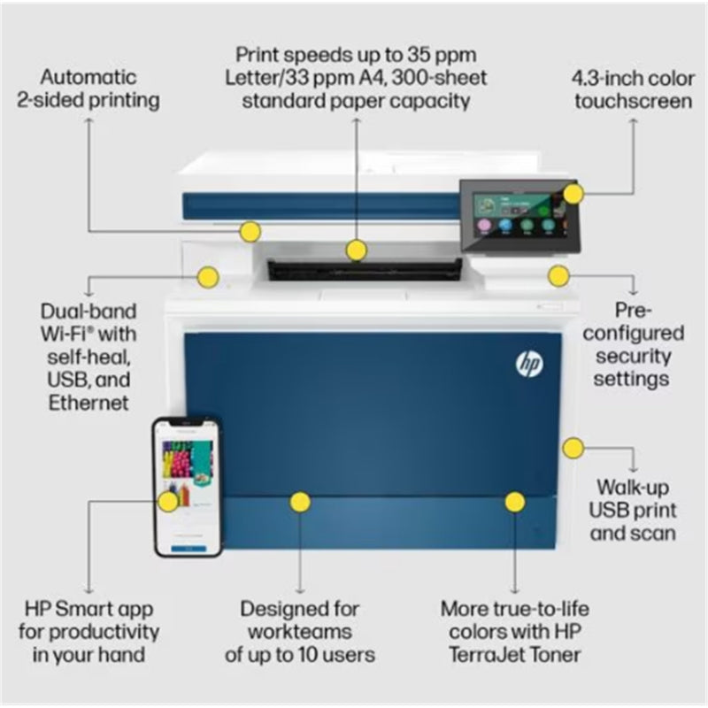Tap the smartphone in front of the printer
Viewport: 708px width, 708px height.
(187, 487)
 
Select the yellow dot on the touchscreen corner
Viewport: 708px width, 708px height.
(573, 194)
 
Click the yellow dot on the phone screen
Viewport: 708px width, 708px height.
(168, 502)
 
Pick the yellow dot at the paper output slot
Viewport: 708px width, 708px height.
(357, 250)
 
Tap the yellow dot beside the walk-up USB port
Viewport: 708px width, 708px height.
(573, 448)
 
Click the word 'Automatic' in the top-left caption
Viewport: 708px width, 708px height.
(88, 76)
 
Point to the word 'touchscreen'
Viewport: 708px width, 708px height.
(633, 100)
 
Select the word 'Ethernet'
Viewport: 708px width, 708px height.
(88, 403)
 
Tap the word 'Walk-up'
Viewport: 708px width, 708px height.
(633, 486)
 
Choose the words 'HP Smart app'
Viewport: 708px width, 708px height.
(88, 609)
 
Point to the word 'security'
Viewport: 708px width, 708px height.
(633, 356)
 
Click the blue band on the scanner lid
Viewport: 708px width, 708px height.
(319, 205)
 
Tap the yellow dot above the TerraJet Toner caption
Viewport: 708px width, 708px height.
(515, 502)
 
